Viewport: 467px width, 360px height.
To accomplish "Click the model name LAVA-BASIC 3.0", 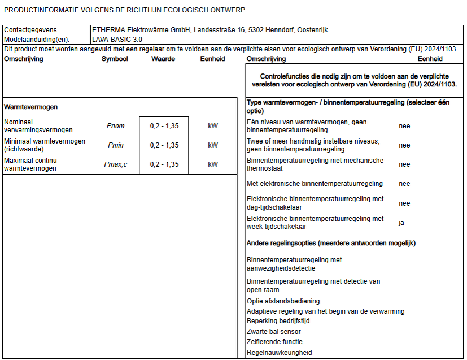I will point(117,40).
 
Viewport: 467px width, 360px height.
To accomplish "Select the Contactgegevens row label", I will point(30,30).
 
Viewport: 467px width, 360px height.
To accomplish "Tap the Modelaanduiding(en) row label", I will point(37,40).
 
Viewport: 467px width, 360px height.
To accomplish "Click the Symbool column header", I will point(115,59).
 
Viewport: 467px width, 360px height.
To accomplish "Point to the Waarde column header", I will point(163,59).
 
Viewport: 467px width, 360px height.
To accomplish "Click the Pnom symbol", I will point(115,126).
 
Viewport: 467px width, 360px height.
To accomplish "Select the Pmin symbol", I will point(115,145).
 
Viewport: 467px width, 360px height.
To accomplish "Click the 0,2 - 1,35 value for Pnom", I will point(164,126).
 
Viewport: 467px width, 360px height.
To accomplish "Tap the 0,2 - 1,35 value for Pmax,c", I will point(164,164).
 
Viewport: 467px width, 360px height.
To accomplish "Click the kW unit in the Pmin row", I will point(213,145).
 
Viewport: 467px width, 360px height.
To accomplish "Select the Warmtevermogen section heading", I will point(30,107).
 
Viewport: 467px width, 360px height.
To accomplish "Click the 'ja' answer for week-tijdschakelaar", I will point(401,223).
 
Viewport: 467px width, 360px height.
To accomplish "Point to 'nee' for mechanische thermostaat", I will point(404,164).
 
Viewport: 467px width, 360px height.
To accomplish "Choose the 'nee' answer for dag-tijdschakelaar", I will point(404,203).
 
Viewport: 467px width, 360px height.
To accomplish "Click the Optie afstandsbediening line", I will point(283,301).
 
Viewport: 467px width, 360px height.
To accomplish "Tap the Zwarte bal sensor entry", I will point(274,332).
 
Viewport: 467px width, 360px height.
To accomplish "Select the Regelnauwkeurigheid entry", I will point(279,353).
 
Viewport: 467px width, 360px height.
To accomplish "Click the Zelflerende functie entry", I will point(274,342).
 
